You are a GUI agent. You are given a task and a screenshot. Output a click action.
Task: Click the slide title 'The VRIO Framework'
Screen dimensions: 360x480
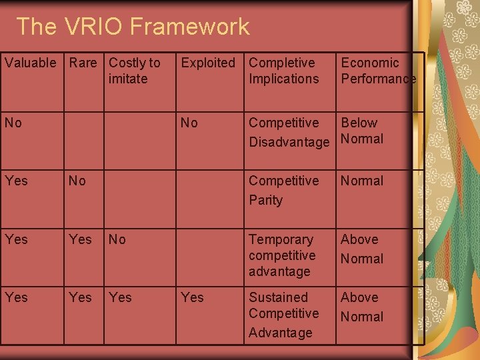point(133,27)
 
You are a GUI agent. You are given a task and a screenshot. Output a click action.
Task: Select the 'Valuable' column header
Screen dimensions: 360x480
point(31,63)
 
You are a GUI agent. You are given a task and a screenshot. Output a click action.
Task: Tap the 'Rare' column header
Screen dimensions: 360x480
point(83,63)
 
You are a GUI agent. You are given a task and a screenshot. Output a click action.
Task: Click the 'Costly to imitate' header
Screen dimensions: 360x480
point(134,71)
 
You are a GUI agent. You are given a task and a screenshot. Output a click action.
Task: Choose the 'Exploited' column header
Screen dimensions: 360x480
point(208,63)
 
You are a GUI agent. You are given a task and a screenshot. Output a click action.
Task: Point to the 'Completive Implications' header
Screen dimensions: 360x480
point(283,71)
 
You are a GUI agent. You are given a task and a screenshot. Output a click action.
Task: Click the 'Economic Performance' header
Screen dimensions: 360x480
point(378,71)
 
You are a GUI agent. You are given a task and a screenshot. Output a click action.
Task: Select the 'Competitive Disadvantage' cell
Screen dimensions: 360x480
point(289,132)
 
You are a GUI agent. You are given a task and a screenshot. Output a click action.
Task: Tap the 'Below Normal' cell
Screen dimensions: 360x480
point(362,131)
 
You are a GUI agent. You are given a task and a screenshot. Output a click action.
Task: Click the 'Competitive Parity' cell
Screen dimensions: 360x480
point(283,190)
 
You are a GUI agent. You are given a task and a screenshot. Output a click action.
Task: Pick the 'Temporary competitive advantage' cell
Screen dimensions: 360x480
point(282,255)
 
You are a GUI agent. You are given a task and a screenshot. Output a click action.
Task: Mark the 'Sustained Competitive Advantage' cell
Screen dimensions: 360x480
point(283,314)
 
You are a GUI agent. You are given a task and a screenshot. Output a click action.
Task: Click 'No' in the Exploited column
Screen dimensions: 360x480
point(189,123)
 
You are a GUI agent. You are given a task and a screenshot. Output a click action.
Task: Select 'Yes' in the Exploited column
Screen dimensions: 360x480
point(192,297)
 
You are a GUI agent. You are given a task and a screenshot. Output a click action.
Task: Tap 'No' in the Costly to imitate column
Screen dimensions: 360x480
point(117,239)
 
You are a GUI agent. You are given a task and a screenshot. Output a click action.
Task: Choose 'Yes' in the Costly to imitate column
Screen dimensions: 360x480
point(120,297)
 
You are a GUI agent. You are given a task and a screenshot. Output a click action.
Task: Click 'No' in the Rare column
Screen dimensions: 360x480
point(77,181)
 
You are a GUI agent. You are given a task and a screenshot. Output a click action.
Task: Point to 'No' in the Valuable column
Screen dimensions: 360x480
point(13,123)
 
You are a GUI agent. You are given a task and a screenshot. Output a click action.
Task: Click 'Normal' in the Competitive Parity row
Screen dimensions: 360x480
point(362,181)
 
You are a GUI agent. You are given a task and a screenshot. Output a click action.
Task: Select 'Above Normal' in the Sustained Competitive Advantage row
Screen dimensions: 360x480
point(362,307)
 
